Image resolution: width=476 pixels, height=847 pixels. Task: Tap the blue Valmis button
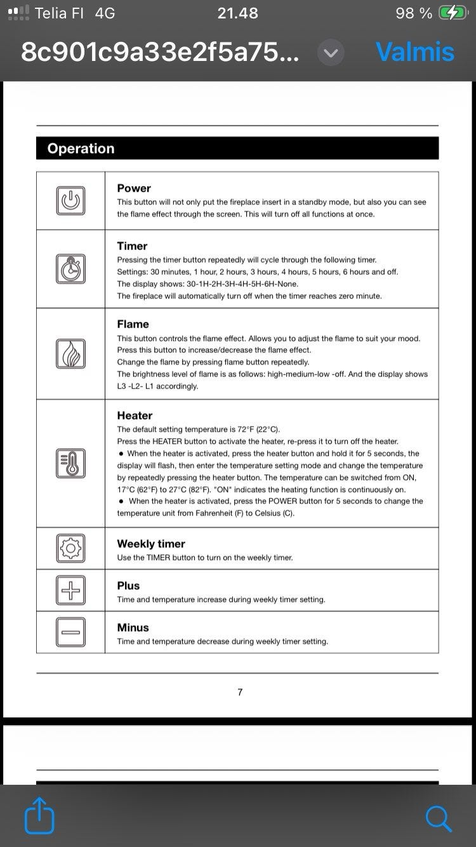click(415, 52)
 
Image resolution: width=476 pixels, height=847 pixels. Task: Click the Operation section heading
click(81, 149)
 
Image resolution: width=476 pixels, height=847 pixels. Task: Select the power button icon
click(70, 201)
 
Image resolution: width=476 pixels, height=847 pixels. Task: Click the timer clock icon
click(70, 269)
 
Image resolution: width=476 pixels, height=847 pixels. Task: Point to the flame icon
click(70, 354)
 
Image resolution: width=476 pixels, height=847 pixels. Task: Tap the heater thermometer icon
click(70, 464)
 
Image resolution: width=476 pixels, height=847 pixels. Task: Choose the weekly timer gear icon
click(70, 548)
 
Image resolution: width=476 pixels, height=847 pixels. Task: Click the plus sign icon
click(70, 590)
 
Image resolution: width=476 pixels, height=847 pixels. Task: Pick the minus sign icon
click(70, 632)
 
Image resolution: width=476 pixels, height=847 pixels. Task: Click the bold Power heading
click(134, 188)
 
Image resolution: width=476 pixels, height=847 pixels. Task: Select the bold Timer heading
click(132, 246)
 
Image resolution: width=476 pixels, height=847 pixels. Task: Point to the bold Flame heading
click(133, 324)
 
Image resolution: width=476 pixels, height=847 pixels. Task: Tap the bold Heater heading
click(135, 415)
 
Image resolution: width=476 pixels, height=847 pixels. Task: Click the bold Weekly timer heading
click(151, 544)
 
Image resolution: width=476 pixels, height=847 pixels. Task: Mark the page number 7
click(240, 692)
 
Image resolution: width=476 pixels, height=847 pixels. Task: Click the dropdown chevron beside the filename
click(331, 53)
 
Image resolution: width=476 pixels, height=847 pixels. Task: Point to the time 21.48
click(237, 13)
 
